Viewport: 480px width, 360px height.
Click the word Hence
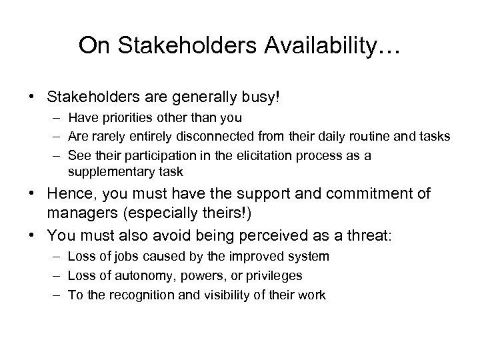tap(69, 194)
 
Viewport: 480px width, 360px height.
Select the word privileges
tap(273, 275)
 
